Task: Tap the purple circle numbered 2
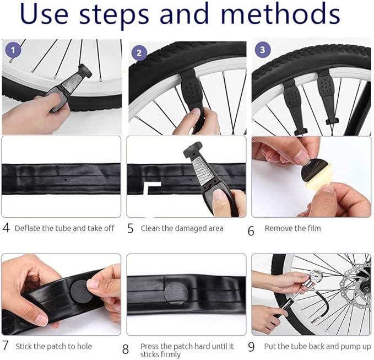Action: click(139, 53)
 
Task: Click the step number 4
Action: click(6, 227)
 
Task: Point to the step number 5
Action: click(131, 228)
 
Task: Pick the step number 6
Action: click(251, 230)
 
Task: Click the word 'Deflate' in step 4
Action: click(26, 228)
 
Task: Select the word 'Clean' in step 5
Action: click(151, 228)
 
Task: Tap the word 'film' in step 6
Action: click(312, 228)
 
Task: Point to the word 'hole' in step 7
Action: click(84, 347)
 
